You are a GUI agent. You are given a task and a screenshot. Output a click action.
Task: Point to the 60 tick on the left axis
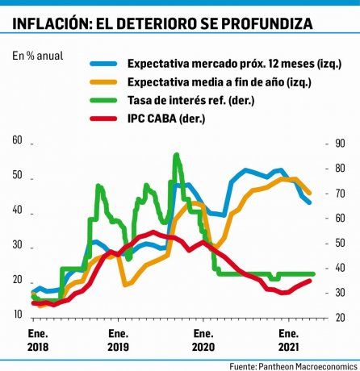(18, 141)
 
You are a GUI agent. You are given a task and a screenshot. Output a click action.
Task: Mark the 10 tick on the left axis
(18, 315)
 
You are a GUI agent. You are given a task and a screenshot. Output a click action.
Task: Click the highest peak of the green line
(176, 154)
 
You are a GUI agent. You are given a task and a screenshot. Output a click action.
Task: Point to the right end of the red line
(312, 280)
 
